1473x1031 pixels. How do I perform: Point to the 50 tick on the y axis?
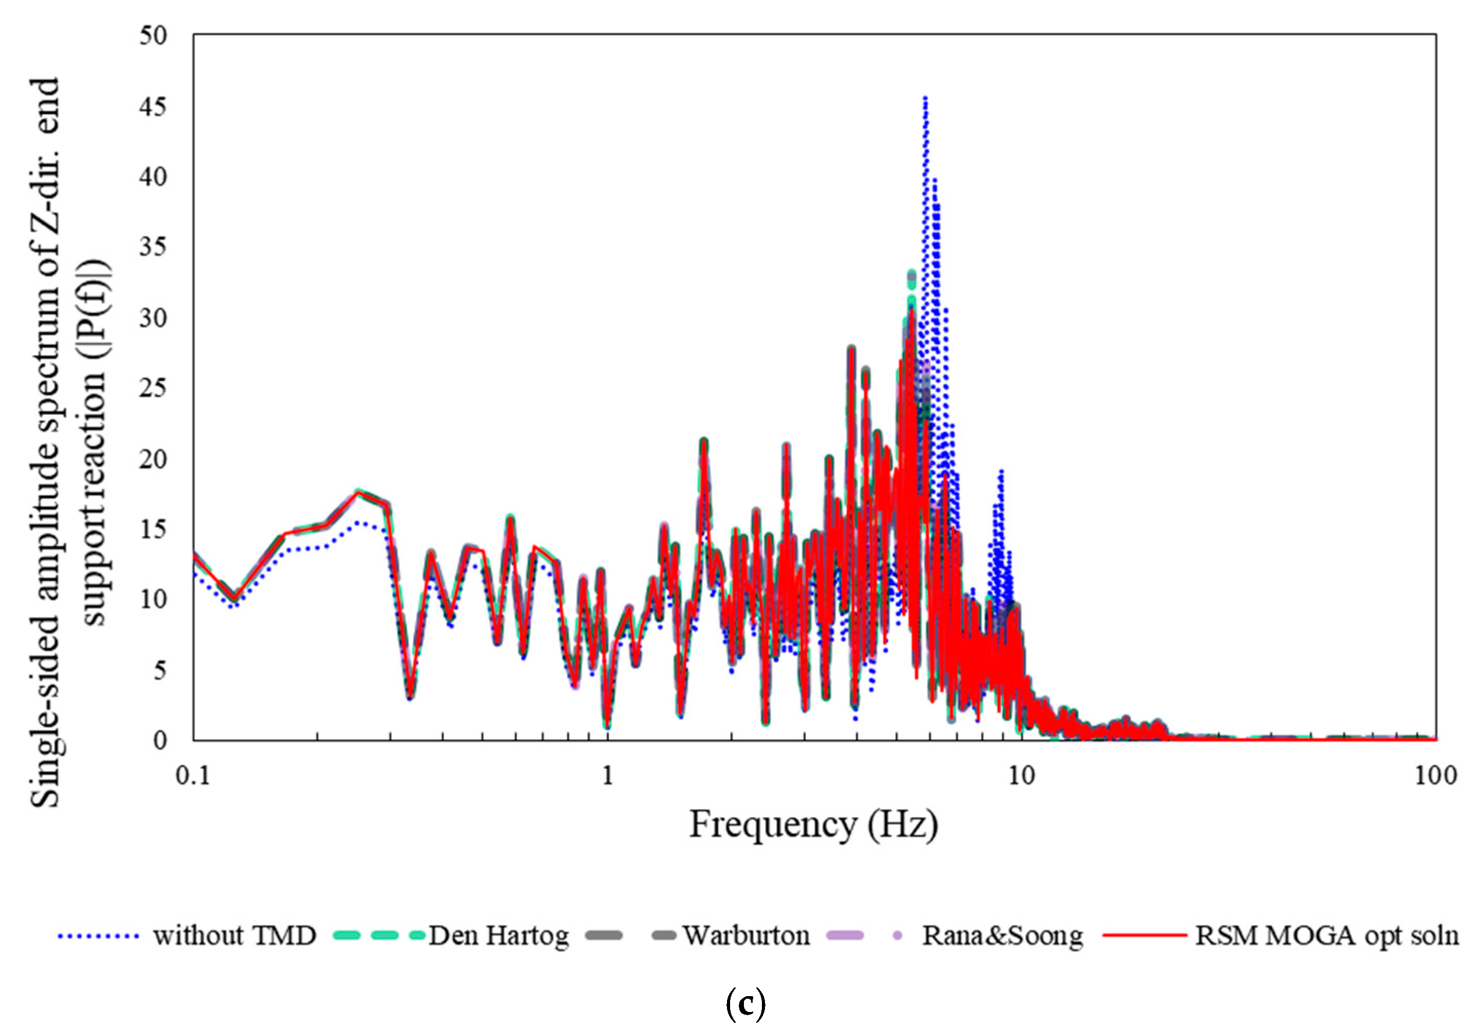click(153, 36)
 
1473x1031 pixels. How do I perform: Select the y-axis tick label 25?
click(153, 389)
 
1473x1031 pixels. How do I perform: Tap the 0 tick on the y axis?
click(160, 740)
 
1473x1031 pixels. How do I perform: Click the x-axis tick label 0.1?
click(192, 776)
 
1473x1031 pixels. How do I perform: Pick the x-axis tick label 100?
click(1436, 776)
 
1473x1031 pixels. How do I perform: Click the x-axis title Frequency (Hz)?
click(814, 825)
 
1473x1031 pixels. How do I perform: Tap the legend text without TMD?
click(235, 936)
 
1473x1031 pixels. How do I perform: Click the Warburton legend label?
click(745, 936)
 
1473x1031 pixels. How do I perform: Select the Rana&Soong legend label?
click(1003, 936)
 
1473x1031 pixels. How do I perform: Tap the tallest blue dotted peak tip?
click(924, 98)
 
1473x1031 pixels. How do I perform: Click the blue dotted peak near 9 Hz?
click(1000, 472)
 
